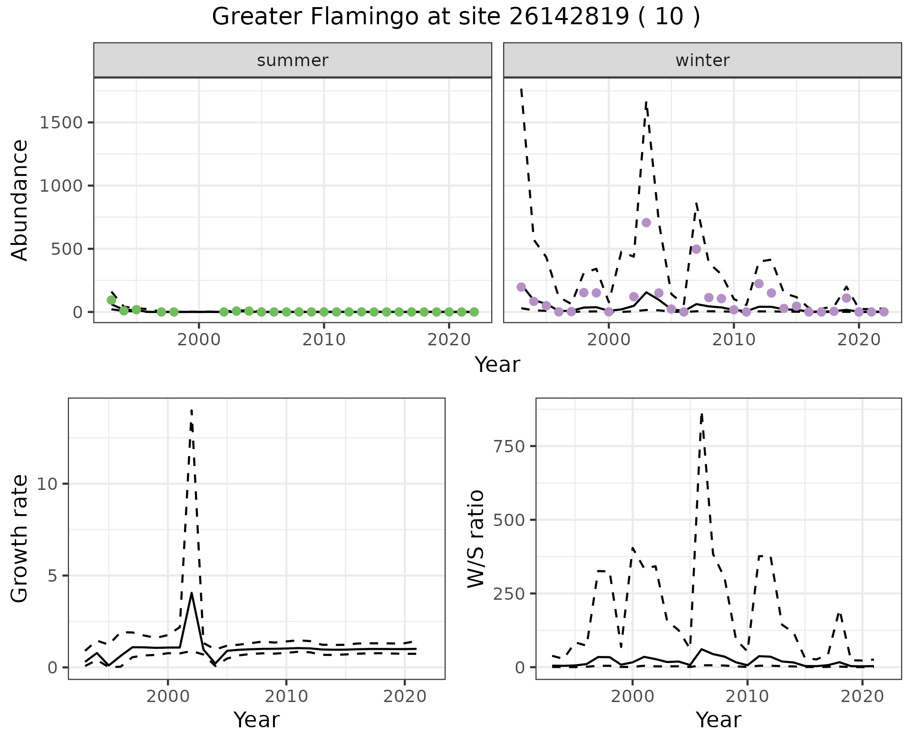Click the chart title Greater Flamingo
click(456, 17)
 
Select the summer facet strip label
click(292, 60)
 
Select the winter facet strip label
click(702, 60)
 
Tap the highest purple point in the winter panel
click(646, 223)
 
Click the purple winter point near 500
click(696, 249)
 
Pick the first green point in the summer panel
click(111, 300)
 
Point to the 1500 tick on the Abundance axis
click(62, 123)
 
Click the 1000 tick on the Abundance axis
click(62, 185)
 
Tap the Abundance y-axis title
click(20, 200)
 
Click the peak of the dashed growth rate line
click(191, 410)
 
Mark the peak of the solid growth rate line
click(191, 593)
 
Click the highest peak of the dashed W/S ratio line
click(702, 414)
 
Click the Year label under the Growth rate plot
click(256, 720)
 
